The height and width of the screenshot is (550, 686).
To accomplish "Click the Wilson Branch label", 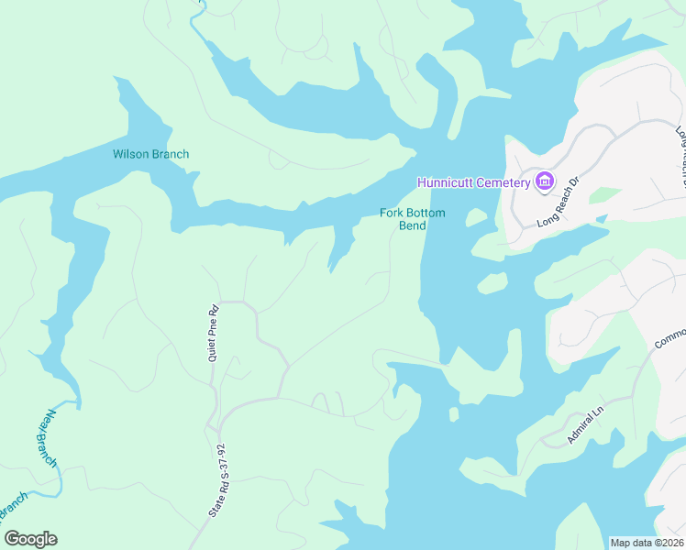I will click(150, 154).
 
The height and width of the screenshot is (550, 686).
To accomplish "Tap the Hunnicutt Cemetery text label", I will click(473, 182).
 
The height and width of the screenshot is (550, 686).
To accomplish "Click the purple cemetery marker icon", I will click(545, 181).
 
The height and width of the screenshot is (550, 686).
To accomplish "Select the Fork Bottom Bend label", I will click(413, 219).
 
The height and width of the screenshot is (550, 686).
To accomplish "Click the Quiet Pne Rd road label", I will click(213, 332).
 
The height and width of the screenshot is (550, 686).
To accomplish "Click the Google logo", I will click(30, 539).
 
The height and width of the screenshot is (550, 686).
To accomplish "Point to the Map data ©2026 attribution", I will click(647, 542).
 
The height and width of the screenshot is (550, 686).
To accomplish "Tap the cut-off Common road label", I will click(669, 336).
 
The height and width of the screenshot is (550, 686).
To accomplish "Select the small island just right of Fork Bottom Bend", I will click(476, 217).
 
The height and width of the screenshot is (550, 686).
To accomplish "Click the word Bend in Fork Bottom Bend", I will click(413, 225).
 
